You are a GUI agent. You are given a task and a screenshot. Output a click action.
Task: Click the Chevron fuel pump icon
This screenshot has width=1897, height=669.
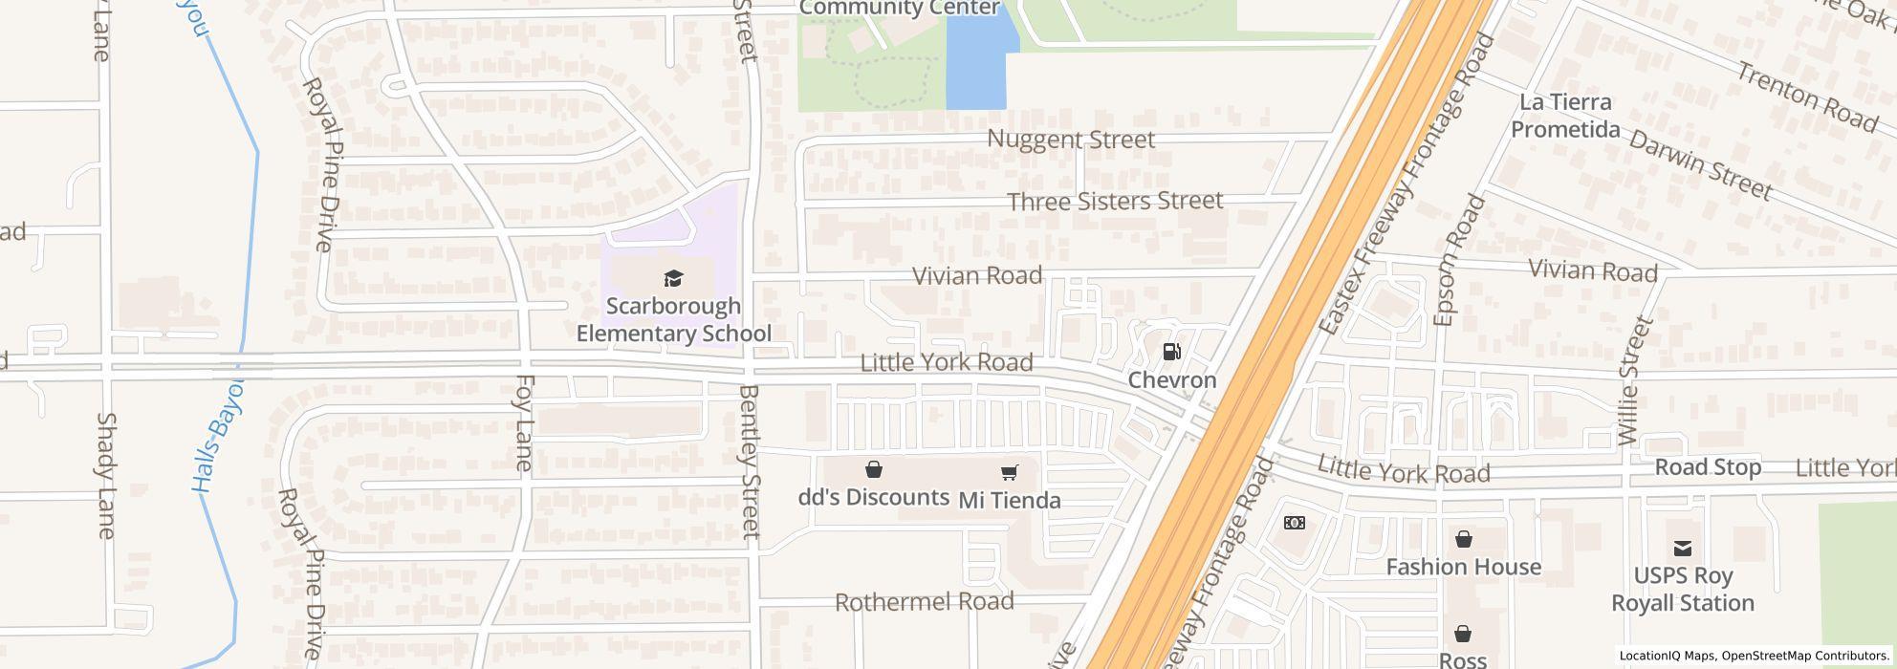(1171, 352)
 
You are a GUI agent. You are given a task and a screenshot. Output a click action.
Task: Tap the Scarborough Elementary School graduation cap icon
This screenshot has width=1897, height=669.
(674, 279)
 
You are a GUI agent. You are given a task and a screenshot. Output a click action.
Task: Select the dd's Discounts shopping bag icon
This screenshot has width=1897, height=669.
(873, 469)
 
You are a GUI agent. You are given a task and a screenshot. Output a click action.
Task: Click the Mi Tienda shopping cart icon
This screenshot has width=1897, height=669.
(1009, 472)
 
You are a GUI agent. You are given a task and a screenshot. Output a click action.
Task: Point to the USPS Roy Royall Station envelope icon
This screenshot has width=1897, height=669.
(1682, 548)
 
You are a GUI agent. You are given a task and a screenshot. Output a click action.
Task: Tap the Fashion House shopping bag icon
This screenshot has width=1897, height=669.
(1463, 540)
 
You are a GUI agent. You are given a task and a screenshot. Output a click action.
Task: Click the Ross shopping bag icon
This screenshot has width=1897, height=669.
(1463, 634)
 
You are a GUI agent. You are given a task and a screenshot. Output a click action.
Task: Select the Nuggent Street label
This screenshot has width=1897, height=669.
(1071, 140)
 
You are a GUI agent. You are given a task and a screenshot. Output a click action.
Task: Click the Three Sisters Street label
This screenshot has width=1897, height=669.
(1115, 201)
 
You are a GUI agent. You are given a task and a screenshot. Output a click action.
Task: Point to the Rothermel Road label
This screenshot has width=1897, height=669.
(924, 602)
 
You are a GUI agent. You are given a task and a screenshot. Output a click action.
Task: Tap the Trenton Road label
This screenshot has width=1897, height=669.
(1807, 97)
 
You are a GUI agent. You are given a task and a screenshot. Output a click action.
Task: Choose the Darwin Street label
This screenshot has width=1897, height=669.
(1700, 165)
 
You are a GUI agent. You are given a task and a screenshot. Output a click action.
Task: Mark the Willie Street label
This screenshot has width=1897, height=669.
(1635, 380)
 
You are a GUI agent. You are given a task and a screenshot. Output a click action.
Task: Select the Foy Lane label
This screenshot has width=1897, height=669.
(524, 423)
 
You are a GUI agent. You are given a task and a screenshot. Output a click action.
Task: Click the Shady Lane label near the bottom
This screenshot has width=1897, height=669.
(105, 475)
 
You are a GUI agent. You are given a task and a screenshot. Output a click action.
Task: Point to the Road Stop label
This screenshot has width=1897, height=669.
(1708, 467)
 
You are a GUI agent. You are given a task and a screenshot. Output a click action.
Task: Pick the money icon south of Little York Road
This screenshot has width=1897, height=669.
(1294, 523)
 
